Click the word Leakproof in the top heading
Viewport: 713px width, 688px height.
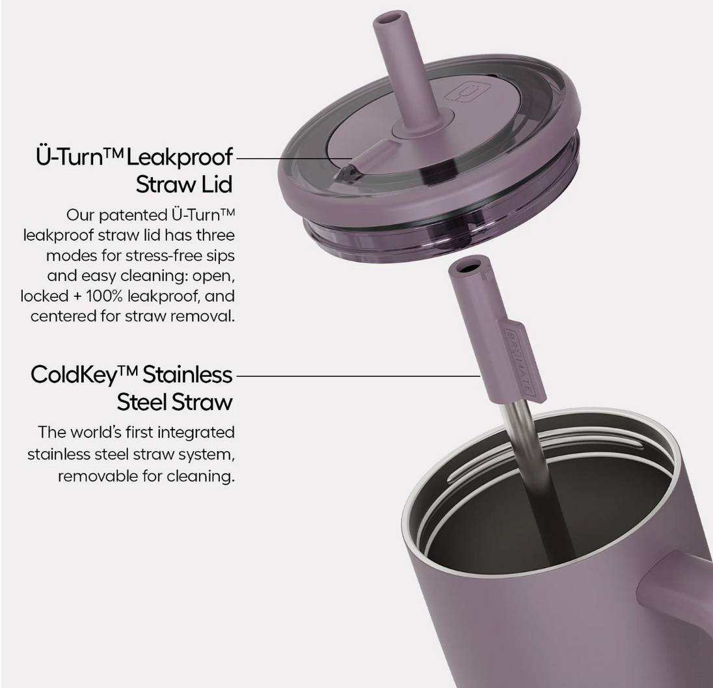point(180,158)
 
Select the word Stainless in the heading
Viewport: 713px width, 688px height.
point(187,375)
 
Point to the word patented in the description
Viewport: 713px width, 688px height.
point(133,215)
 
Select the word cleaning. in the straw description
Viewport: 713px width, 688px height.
point(200,476)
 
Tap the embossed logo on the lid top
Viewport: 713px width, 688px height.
point(461,94)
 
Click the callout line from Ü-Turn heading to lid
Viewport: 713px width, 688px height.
point(295,158)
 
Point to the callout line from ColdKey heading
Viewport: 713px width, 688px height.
point(358,376)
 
